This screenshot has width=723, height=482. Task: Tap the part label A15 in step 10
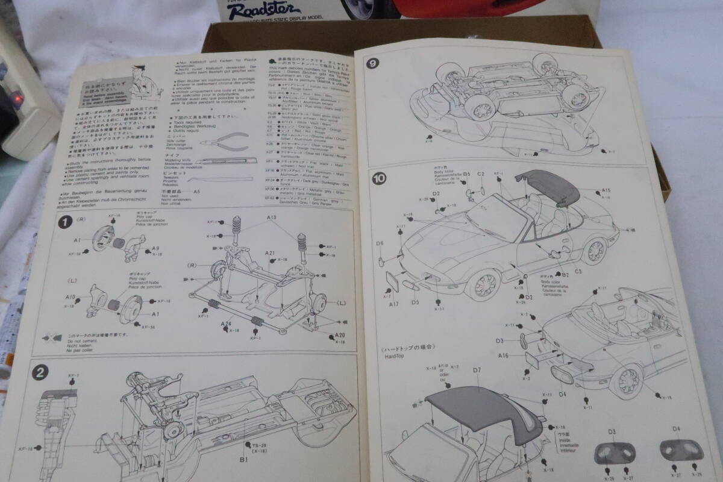click(x=606, y=191)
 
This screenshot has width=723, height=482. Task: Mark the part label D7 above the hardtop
click(x=477, y=370)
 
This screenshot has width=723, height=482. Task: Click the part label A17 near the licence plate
click(x=394, y=304)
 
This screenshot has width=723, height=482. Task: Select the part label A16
click(x=504, y=356)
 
